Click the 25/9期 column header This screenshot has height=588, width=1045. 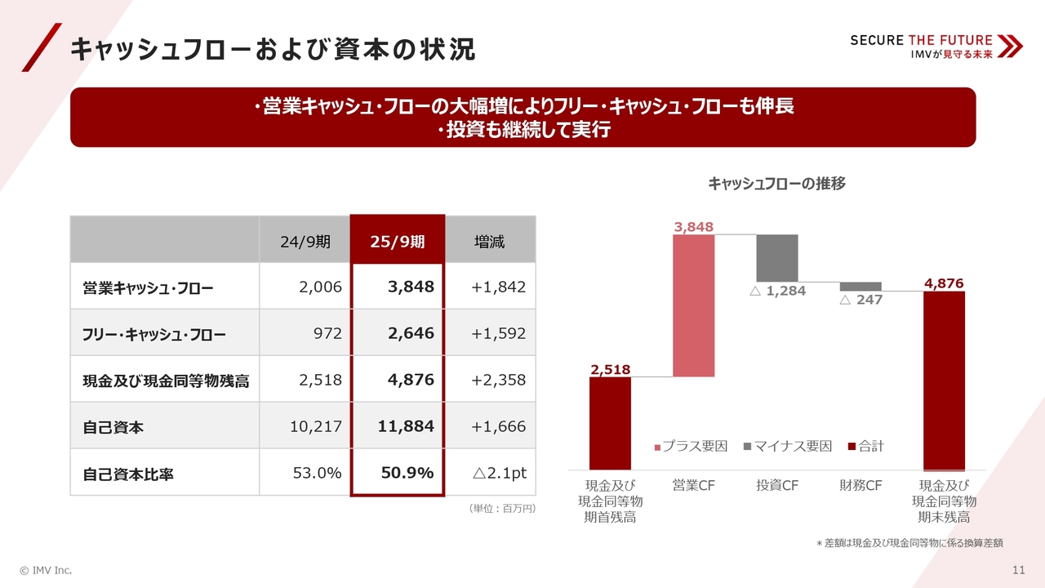coord(398,242)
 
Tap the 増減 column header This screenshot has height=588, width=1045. coord(490,242)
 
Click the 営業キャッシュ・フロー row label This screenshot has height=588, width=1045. coord(148,287)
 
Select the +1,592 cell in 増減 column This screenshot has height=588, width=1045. coord(498,334)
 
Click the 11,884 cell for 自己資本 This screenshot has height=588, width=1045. coord(406,426)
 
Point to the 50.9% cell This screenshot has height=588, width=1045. coord(407,473)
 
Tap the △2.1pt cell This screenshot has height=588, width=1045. coord(499,473)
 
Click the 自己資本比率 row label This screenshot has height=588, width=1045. coord(128,474)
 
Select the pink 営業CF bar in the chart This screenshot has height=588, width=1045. coord(694,305)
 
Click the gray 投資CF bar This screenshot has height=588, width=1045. coord(777,258)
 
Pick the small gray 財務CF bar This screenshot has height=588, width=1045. coord(860,287)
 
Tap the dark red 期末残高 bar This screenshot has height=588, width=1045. coord(944,379)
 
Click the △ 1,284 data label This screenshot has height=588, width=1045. coord(777,292)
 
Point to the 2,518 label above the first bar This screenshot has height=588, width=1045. coord(610,369)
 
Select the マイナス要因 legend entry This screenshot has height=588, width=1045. coord(787,446)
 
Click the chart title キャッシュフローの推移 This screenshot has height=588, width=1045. coord(776,184)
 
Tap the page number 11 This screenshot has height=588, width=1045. coord(1018,570)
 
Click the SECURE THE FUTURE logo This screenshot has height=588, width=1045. coord(936,46)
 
